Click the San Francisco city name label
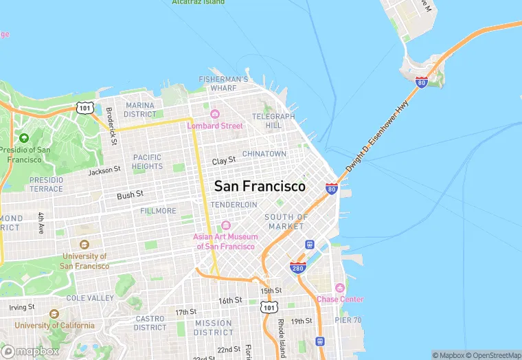click(260, 186)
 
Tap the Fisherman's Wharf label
click(223, 83)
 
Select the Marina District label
click(140, 110)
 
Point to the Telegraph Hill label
click(273, 121)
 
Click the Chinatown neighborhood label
click(264, 154)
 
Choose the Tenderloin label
click(234, 205)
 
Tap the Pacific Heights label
click(148, 161)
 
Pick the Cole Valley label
click(90, 298)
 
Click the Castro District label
click(150, 323)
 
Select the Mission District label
click(213, 328)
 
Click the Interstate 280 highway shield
click(297, 267)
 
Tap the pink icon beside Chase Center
click(339, 287)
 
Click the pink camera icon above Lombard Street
click(215, 114)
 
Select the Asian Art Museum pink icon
click(225, 225)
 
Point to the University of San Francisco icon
click(84, 245)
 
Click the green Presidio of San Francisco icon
click(25, 138)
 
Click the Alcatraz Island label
click(198, 2)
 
